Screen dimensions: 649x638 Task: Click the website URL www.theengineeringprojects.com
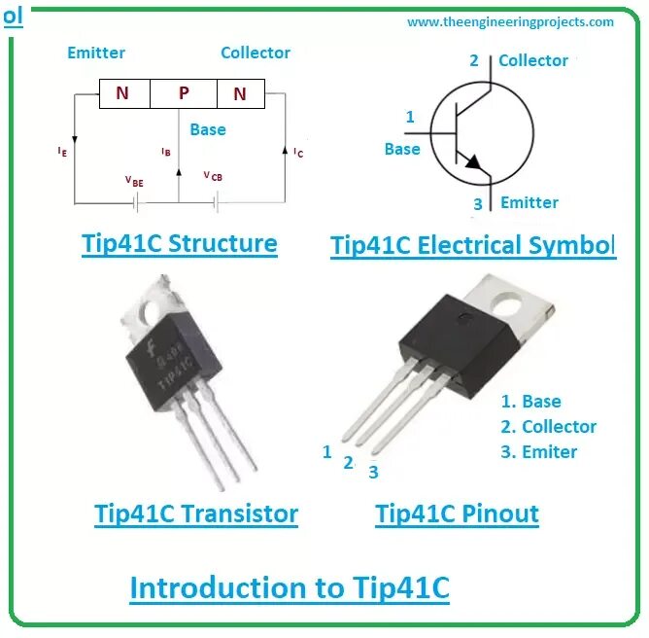[510, 21]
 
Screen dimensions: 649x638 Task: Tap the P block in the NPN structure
[184, 93]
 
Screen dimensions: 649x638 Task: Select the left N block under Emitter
[122, 93]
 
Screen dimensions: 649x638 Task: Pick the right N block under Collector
[239, 93]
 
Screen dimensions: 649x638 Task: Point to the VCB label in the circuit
[212, 176]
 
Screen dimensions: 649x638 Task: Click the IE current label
[62, 152]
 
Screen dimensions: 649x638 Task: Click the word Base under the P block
[208, 129]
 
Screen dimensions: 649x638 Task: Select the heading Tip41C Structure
[180, 243]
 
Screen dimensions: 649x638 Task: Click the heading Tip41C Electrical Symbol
[473, 245]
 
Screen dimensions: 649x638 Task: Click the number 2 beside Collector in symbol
[474, 60]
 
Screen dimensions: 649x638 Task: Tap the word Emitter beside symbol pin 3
[529, 202]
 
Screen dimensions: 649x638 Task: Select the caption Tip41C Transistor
[196, 514]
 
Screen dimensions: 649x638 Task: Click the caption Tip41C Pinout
[457, 514]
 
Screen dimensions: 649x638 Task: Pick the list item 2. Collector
[548, 426]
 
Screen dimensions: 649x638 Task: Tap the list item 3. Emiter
[538, 451]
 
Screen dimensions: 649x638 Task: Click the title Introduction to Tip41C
[290, 588]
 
